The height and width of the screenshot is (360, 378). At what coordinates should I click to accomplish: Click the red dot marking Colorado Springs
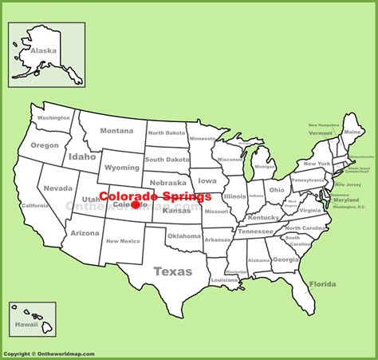136,205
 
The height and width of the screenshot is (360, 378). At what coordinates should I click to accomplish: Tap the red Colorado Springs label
156,196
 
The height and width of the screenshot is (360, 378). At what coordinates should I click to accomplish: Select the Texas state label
172,271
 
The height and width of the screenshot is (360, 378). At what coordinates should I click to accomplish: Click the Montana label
116,131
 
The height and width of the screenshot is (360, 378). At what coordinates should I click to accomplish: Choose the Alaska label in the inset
43,50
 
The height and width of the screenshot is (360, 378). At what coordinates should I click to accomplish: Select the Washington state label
53,117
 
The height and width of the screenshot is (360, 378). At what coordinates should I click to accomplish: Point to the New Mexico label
123,241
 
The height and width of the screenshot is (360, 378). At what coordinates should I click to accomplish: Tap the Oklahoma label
184,236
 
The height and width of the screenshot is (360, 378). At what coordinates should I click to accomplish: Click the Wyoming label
121,168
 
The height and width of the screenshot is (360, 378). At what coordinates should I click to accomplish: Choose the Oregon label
45,145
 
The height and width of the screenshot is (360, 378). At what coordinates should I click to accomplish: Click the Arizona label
85,233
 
